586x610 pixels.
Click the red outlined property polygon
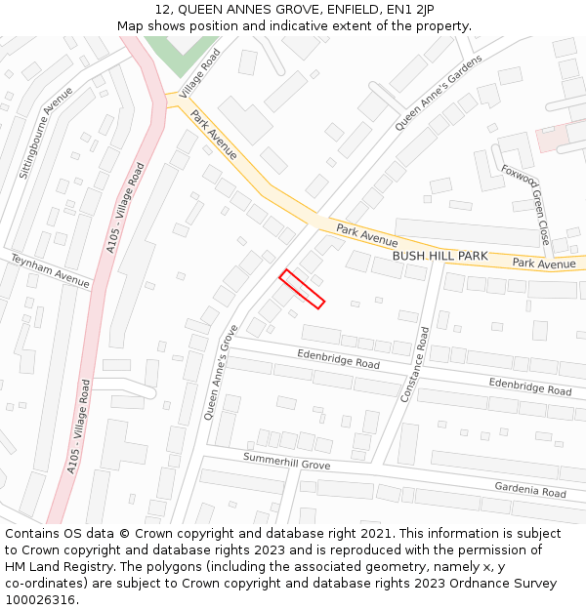(302, 289)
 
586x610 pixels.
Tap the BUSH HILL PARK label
(439, 256)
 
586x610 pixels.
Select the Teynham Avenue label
(50, 270)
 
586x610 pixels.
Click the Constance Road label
(416, 364)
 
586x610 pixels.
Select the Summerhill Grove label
(287, 461)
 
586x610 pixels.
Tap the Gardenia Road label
(530, 492)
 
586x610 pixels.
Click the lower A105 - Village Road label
(80, 427)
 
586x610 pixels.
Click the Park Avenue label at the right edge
(544, 264)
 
